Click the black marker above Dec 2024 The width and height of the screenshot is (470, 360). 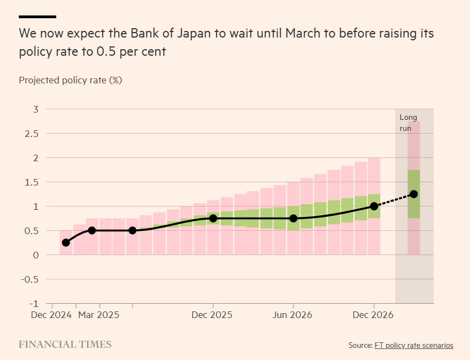tap(66, 242)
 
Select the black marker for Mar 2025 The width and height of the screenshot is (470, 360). tap(92, 230)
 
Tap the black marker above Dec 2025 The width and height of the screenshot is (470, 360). tap(213, 218)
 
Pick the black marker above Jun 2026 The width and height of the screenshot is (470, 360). tap(293, 218)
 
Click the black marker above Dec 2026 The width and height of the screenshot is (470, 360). tap(374, 206)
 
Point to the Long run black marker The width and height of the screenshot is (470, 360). tap(414, 194)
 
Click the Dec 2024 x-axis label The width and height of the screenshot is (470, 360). tap(51, 315)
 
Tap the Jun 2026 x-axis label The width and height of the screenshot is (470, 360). tap(293, 315)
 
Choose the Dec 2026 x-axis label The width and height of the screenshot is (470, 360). tap(373, 315)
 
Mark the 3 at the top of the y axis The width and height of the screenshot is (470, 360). tap(35, 109)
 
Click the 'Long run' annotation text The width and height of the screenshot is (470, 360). tap(408, 123)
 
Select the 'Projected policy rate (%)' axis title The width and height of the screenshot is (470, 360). tap(70, 80)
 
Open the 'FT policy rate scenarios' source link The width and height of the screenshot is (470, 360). tap(414, 345)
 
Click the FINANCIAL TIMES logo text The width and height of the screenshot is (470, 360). tap(65, 345)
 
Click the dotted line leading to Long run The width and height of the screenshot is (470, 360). tap(394, 200)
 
